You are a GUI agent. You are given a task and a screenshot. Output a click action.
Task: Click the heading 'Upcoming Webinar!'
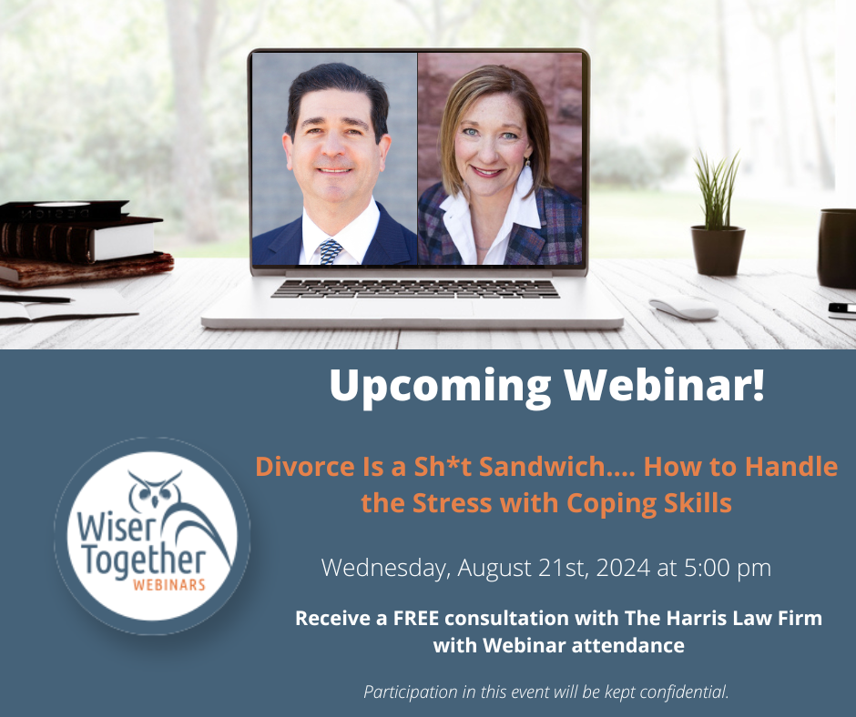coord(547,386)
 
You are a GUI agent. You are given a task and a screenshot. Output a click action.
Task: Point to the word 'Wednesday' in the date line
coord(382,569)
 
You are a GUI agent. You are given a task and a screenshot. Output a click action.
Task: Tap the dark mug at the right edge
coord(837,247)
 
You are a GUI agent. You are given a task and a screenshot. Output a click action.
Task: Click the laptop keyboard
coord(414,288)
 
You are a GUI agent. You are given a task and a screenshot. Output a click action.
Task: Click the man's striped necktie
coord(331,251)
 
